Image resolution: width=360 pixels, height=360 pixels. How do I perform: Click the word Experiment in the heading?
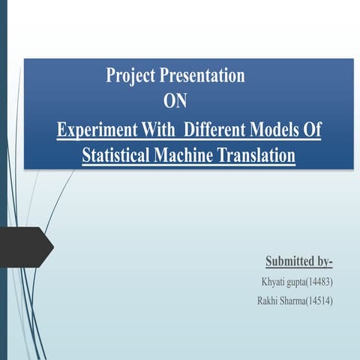(x=94, y=129)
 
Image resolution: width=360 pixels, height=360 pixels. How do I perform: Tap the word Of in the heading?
(x=311, y=129)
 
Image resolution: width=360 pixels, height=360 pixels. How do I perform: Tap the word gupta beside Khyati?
(x=298, y=283)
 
